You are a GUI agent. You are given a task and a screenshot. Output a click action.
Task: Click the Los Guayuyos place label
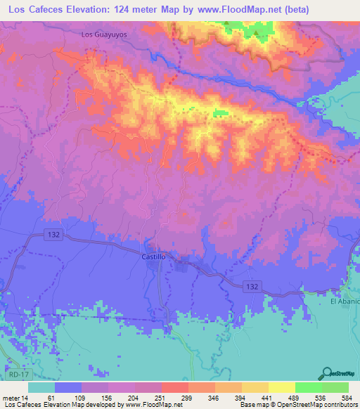point(104,34)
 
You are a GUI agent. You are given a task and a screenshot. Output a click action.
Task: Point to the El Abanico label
point(345,301)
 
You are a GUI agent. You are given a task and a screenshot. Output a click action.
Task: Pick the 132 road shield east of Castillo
point(254,286)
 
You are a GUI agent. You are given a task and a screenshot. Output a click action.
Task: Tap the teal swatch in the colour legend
point(41,387)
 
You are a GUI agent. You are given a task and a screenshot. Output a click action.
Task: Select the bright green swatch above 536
point(308,387)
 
